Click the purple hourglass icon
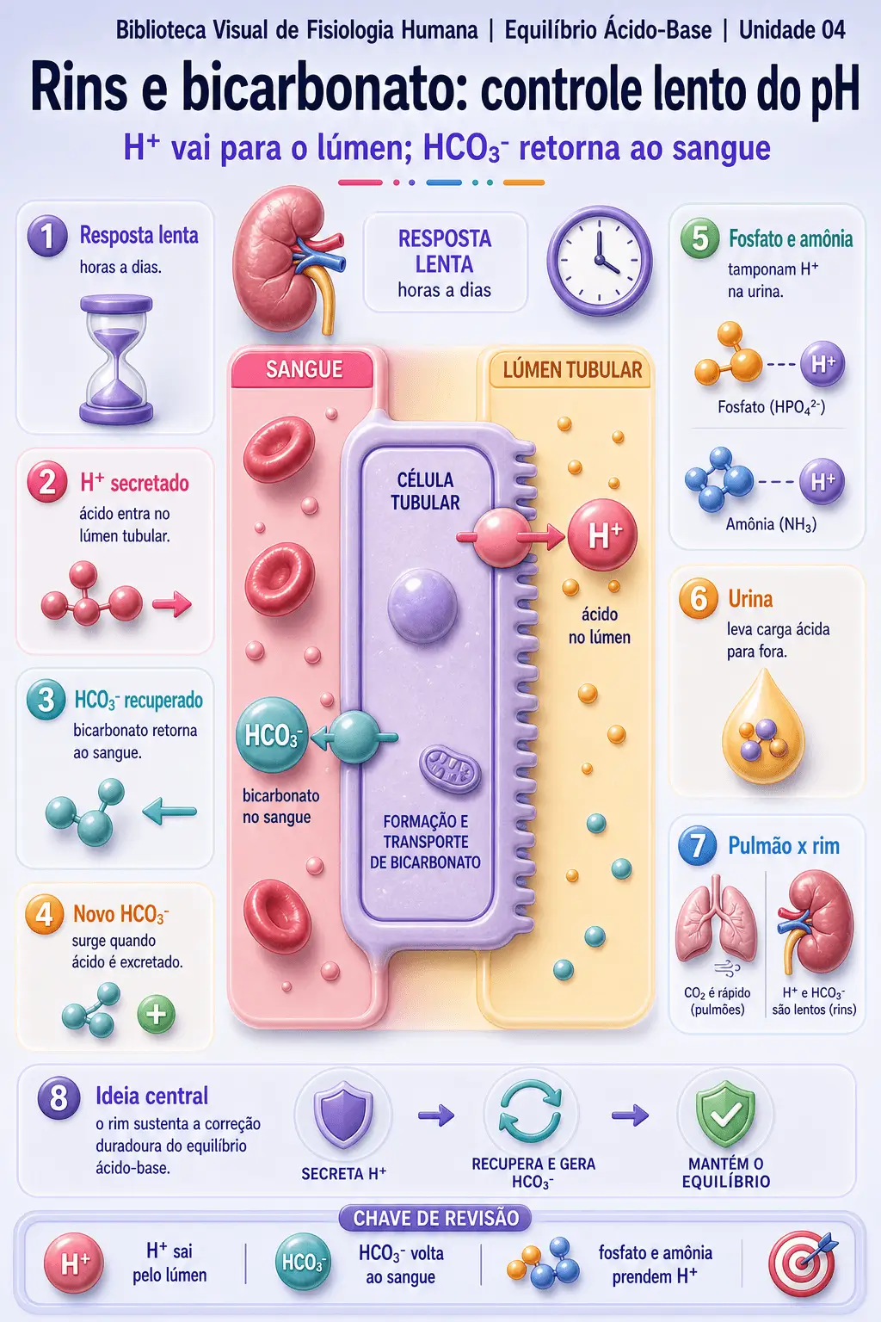pyautogui.click(x=116, y=360)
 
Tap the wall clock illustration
pyautogui.click(x=599, y=260)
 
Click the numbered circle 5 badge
pyautogui.click(x=699, y=238)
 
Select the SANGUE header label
pyautogui.click(x=304, y=369)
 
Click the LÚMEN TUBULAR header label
pyautogui.click(x=572, y=370)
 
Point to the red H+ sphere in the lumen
pyautogui.click(x=602, y=534)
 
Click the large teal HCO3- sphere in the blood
pyautogui.click(x=272, y=735)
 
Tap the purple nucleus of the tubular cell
pyautogui.click(x=422, y=606)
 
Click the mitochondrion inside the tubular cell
pyautogui.click(x=450, y=770)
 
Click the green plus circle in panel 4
pyautogui.click(x=156, y=1014)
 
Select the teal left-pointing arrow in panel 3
pyautogui.click(x=169, y=811)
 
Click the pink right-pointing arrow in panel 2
pyautogui.click(x=172, y=603)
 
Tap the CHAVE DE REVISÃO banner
pyautogui.click(x=435, y=1218)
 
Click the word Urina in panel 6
pyautogui.click(x=750, y=599)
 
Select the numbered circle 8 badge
pyautogui.click(x=59, y=1097)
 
